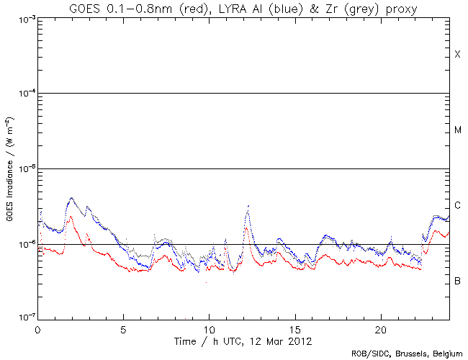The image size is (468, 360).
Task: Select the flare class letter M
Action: pos(457,130)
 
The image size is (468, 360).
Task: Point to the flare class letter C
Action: pos(457,206)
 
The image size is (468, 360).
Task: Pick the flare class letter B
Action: pos(457,281)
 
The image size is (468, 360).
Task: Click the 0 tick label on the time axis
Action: pos(37,328)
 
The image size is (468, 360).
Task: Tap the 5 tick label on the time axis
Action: pos(123,328)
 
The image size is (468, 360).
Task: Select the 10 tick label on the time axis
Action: pos(210,328)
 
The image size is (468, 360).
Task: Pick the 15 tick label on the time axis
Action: pos(295,328)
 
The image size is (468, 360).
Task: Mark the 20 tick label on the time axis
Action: pos(381,328)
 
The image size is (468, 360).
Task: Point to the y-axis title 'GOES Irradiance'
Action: pos(9,169)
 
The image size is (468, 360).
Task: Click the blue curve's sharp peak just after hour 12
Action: pos(248,207)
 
